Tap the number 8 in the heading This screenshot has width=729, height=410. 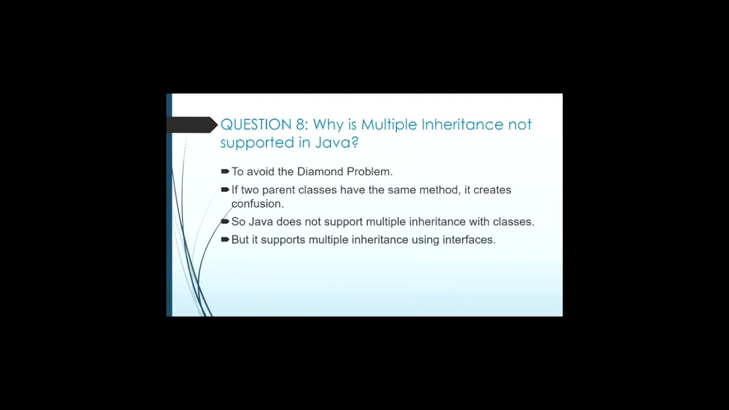tap(301, 125)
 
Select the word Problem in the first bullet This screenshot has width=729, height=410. tap(369, 171)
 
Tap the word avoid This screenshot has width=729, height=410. tap(260, 171)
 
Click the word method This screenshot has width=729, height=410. tap(439, 190)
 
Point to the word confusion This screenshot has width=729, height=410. tap(257, 204)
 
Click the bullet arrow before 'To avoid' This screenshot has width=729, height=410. tap(225, 171)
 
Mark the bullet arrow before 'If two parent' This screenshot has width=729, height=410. tap(225, 190)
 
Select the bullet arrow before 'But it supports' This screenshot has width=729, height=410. tap(225, 240)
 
